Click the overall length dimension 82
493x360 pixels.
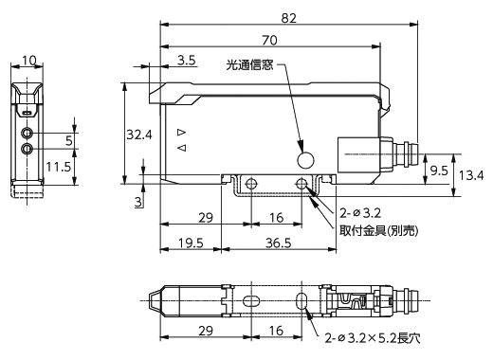(289, 18)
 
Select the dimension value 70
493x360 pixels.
(269, 41)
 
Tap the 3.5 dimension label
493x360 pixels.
(187, 60)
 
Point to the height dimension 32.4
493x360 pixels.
(139, 135)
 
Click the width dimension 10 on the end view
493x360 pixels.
(29, 60)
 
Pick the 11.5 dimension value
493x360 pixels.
(59, 167)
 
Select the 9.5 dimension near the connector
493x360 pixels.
(439, 171)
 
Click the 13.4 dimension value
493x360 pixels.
(471, 175)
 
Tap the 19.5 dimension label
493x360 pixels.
(191, 243)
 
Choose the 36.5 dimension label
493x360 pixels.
(278, 243)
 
